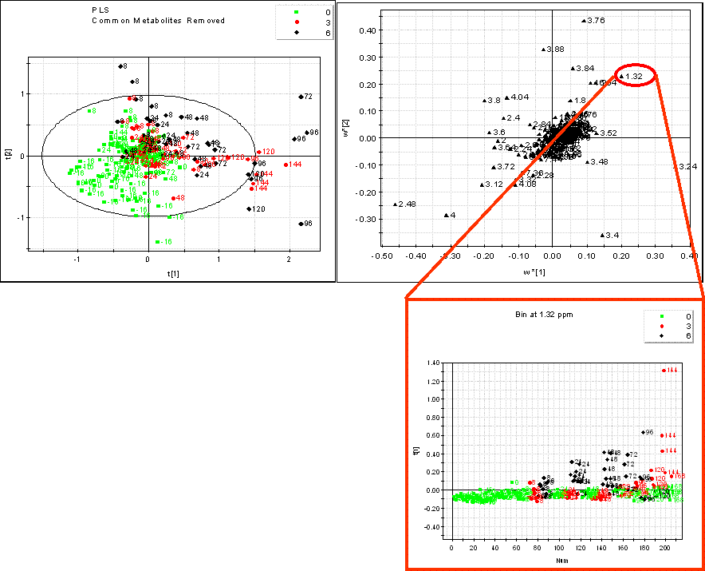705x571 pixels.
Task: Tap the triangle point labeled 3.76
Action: coord(584,20)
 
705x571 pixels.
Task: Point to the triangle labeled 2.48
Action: coord(395,204)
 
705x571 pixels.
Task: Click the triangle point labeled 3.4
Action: coord(602,235)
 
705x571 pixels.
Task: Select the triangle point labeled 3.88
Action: coord(544,50)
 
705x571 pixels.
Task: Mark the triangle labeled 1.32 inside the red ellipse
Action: coord(622,77)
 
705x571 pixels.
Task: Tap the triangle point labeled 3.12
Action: coord(482,184)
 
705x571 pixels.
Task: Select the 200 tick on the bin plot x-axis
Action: coord(668,548)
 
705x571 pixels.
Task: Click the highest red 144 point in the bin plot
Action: coord(664,370)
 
